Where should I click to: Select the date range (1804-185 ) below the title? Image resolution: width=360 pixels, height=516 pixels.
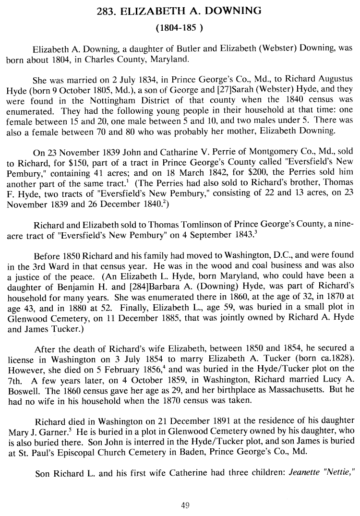tap(180, 28)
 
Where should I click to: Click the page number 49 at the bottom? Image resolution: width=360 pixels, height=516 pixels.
tap(180, 504)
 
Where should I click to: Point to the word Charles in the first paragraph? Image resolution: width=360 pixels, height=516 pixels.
tap(136, 61)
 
